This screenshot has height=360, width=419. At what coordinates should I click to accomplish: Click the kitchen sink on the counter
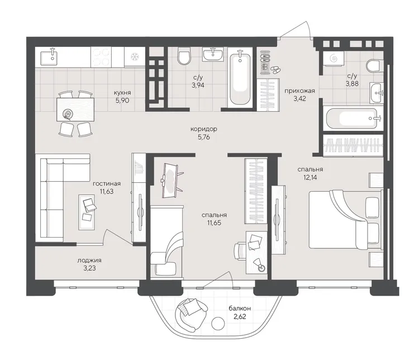(49, 57)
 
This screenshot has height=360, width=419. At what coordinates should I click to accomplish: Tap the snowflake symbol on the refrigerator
(134, 56)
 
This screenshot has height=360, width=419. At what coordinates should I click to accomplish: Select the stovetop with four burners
(101, 57)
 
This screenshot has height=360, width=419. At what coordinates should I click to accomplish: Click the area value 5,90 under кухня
(122, 101)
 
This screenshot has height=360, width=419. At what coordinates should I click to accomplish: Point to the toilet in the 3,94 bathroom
(184, 56)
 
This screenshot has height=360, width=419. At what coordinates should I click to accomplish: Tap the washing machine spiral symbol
(333, 58)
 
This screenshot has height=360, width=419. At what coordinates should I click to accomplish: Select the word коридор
(203, 129)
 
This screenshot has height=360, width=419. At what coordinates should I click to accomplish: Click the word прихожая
(299, 91)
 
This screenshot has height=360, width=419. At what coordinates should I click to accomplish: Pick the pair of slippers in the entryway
(275, 70)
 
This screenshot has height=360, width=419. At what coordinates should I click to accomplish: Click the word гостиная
(107, 183)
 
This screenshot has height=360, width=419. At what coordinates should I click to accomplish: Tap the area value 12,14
(310, 177)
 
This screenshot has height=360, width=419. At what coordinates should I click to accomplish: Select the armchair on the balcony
(191, 313)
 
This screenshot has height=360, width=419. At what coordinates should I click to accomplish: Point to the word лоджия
(89, 260)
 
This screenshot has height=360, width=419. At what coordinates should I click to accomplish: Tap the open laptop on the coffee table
(90, 205)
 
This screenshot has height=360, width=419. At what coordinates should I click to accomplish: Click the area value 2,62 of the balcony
(240, 316)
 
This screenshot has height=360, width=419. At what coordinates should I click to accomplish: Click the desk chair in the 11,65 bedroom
(240, 251)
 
